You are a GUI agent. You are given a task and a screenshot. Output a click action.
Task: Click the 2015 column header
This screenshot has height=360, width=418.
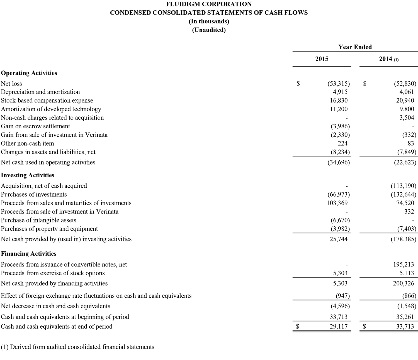point(322,59)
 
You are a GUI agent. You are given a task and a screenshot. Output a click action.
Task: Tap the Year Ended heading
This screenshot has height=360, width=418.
point(355,47)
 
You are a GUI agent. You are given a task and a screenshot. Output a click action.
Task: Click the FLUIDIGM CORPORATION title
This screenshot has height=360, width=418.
point(209,4)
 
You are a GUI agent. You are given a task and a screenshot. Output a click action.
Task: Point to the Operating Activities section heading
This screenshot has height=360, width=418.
point(29,73)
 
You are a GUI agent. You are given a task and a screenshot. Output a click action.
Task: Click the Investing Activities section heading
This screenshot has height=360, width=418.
point(28,175)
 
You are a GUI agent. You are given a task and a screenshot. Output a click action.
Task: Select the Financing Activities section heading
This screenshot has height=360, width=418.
point(29,254)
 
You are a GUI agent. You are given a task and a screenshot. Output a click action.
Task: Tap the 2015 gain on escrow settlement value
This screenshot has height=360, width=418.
point(340,126)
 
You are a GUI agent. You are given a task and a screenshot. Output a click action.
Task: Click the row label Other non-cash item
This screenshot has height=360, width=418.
point(27,143)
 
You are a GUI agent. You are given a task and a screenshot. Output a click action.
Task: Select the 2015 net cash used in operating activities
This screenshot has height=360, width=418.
point(338,162)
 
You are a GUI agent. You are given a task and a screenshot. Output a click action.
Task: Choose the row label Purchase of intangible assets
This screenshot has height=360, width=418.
point(38,220)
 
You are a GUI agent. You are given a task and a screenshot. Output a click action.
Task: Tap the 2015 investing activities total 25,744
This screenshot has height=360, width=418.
point(339,239)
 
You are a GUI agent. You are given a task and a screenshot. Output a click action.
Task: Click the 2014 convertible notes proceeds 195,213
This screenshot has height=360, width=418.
point(403,265)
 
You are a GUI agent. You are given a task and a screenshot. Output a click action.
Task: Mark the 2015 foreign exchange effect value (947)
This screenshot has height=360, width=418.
point(342,296)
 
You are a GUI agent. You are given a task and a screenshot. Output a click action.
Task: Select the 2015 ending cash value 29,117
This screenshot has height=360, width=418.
point(339,326)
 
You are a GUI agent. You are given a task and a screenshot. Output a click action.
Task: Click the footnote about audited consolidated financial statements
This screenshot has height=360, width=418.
point(77,347)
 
